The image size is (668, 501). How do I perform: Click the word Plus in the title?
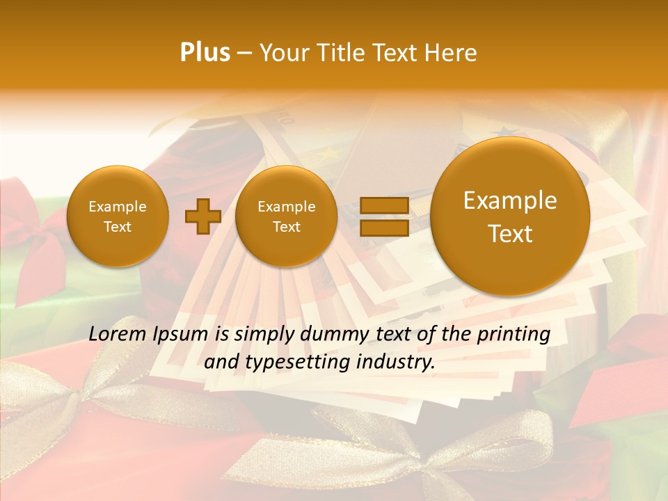click(205, 53)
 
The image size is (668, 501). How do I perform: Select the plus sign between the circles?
click(202, 216)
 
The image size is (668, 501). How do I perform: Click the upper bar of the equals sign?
click(384, 205)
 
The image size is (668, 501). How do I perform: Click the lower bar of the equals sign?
click(384, 228)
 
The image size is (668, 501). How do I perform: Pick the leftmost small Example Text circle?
click(118, 216)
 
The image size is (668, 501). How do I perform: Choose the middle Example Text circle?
click(286, 216)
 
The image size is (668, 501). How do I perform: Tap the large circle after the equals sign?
click(510, 216)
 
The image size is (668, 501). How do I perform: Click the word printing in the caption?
click(513, 335)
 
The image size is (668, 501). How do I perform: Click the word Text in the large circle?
click(510, 234)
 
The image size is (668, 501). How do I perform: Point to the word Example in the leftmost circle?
click(118, 207)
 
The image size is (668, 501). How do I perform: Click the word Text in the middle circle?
click(286, 227)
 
